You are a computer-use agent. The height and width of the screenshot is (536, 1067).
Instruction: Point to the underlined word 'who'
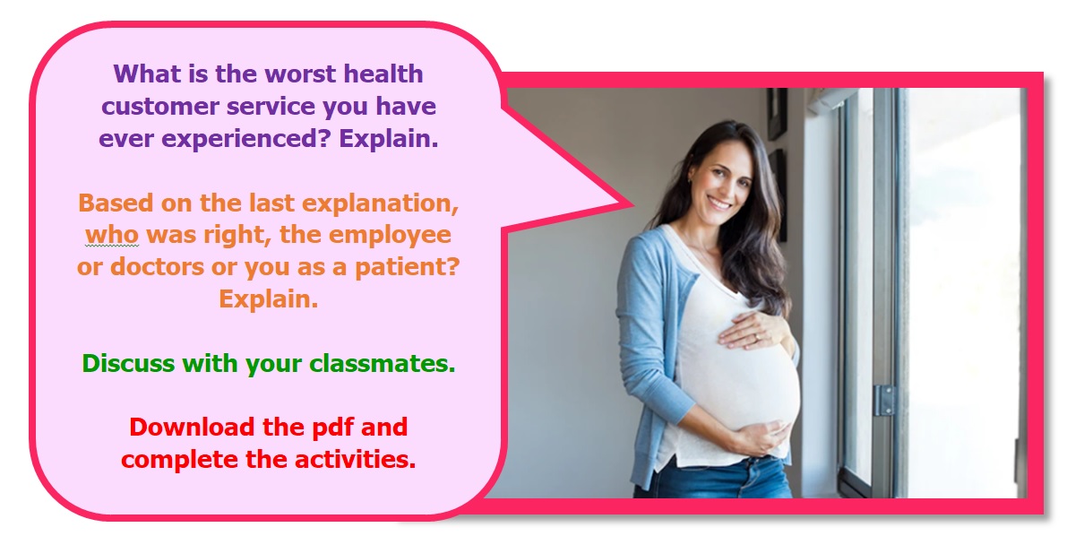click(112, 235)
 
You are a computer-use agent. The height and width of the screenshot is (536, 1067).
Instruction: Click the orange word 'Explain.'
click(268, 299)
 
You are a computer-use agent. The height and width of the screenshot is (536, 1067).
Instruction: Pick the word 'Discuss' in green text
click(128, 364)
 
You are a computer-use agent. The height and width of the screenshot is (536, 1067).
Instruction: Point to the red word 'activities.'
click(355, 460)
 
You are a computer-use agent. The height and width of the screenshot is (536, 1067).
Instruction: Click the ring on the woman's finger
click(756, 336)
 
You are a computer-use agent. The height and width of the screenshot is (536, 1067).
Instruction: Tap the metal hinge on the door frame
click(884, 400)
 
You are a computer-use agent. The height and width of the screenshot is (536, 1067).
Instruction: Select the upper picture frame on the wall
click(777, 114)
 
